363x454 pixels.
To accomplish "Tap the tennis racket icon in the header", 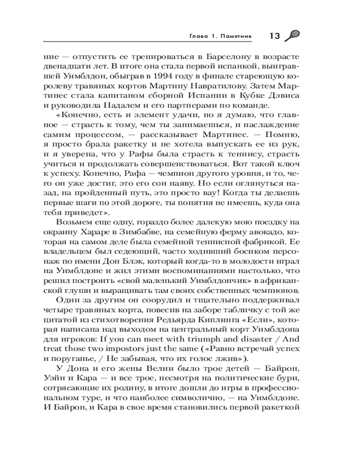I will coord(292,36).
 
